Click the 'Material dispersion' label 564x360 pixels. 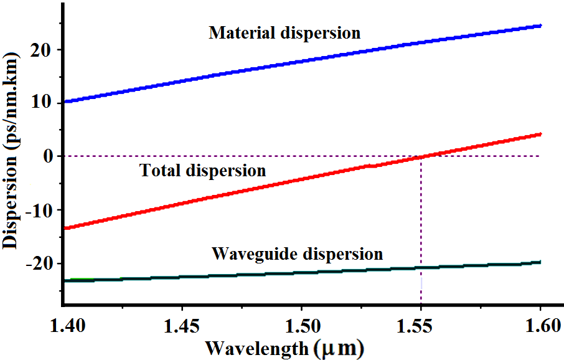click(x=284, y=33)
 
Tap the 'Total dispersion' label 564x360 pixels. click(x=202, y=170)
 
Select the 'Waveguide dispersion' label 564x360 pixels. click(x=296, y=254)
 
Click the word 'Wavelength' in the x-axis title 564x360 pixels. click(x=257, y=347)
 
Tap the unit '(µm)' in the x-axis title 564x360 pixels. click(x=339, y=348)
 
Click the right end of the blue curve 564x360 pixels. click(x=540, y=26)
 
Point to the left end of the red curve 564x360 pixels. click(x=65, y=228)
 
